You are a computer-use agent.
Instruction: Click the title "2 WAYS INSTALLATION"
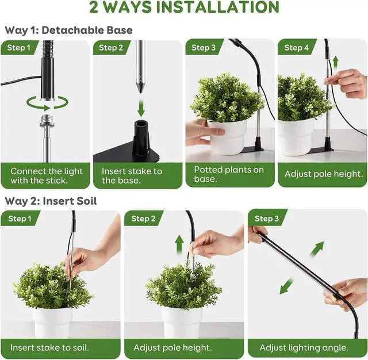point(184,7)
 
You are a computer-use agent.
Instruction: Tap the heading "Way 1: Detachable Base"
point(68,30)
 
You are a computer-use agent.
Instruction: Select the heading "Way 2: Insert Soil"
point(51,201)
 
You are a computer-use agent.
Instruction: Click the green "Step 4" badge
point(297,47)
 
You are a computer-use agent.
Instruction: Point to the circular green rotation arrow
point(47,103)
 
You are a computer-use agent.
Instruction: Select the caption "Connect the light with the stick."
point(47,176)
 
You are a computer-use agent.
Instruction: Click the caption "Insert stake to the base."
point(132,176)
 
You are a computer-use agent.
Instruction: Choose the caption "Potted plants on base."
point(229,175)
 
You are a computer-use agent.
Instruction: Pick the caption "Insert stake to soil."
point(50,347)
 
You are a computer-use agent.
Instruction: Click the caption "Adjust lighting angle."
point(304,347)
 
